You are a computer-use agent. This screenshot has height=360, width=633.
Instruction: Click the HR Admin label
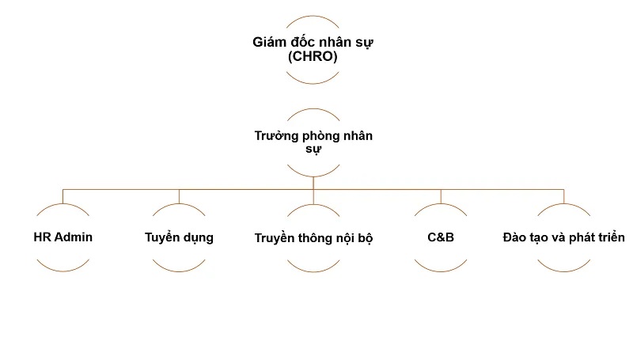(64, 237)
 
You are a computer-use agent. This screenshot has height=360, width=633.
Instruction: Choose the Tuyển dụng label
(179, 237)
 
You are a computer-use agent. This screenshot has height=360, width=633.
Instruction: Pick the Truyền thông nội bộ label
(314, 237)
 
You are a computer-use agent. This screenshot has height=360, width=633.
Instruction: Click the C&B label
(442, 237)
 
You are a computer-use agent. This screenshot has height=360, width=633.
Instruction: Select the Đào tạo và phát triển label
(564, 237)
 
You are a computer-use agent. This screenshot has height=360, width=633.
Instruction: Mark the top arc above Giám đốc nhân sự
(314, 16)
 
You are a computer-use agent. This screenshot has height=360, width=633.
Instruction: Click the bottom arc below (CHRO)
(314, 83)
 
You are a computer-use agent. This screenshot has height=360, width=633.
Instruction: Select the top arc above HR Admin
(64, 205)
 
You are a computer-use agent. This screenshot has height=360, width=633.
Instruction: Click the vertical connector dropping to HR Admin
(64, 196)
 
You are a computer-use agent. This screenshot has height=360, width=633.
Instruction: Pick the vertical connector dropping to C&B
(442, 196)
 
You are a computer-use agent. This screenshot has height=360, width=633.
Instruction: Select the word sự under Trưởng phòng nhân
(314, 150)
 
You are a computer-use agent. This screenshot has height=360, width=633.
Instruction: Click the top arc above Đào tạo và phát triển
(564, 205)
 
